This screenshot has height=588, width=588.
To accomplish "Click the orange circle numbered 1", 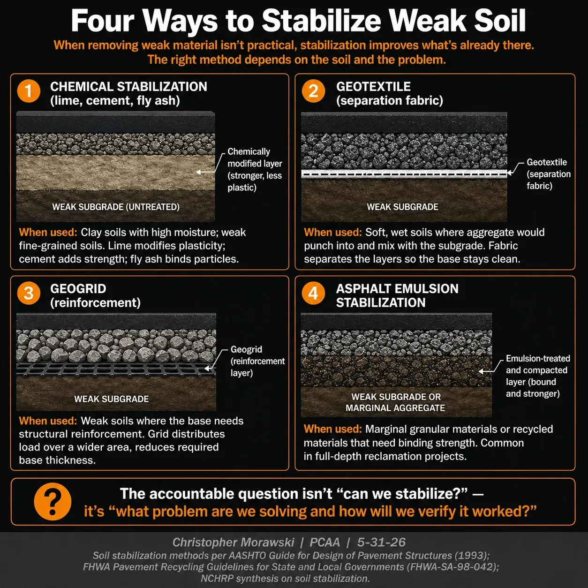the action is point(29,90).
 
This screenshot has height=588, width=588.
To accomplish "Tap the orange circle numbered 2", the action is point(313,90).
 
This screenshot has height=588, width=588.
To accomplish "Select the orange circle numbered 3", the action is point(29,293).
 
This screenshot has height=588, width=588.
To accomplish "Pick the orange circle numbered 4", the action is point(313,293).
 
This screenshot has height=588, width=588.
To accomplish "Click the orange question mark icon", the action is point(53,501).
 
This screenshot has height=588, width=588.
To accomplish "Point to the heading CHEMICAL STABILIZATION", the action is point(128,87).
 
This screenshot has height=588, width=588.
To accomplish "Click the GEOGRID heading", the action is point(78,289).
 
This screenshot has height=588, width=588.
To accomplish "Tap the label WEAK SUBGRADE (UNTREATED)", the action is point(116,207).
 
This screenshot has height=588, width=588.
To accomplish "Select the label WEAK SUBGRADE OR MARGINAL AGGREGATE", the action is point(395,402).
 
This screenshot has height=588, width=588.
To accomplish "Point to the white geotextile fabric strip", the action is point(404,173).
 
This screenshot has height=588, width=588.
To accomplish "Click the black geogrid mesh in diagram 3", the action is point(116,369).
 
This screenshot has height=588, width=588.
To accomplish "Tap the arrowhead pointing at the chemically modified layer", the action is point(198,172).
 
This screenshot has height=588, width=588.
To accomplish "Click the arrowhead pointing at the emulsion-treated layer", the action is point(481,371).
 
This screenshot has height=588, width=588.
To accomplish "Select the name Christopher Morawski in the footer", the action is point(233,542).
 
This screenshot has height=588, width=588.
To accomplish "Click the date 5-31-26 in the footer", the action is point(381,542).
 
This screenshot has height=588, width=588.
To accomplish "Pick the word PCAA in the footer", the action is point(324,542).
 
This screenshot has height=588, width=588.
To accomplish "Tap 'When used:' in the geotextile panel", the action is point(332,232).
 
